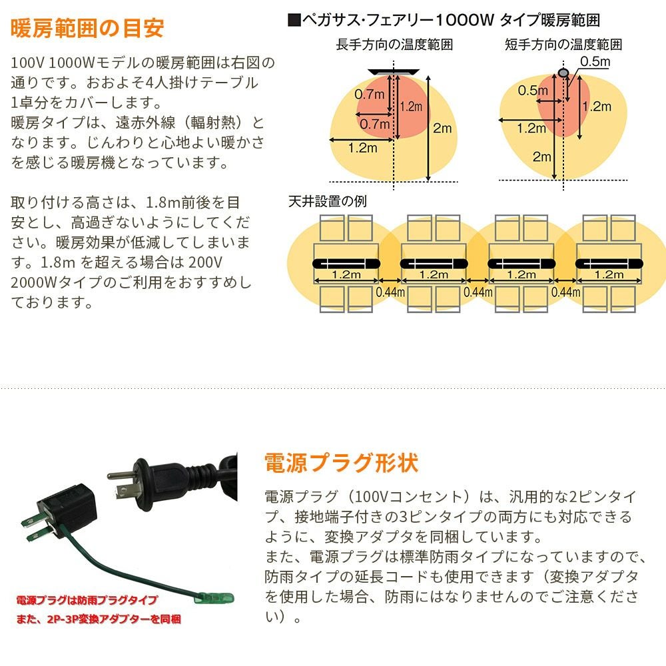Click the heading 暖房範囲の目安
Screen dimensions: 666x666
(x=87, y=29)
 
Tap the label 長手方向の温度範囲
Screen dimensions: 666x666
(x=394, y=45)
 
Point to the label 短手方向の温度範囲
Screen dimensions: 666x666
(x=563, y=45)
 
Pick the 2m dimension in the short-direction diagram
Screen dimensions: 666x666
(x=541, y=157)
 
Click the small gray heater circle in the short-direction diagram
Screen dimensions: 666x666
(x=563, y=71)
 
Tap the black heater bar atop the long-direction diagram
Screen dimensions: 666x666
(x=394, y=71)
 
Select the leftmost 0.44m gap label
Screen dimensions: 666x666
(x=390, y=291)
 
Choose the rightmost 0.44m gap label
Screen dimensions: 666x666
(x=565, y=291)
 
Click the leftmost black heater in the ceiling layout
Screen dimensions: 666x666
(x=346, y=263)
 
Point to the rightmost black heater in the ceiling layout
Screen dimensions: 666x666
(x=609, y=263)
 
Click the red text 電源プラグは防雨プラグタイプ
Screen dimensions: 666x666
(x=87, y=600)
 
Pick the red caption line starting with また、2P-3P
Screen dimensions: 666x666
(x=99, y=619)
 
